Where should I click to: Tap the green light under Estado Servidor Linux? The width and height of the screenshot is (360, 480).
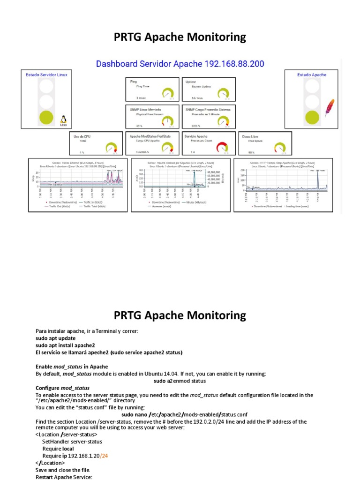pyautogui.click(x=46, y=117)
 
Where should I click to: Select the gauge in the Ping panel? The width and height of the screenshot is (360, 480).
pyautogui.click(x=167, y=93)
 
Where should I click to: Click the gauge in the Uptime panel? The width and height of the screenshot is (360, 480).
pyautogui.click(x=224, y=93)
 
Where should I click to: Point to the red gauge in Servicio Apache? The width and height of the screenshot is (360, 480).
pyautogui.click(x=223, y=147)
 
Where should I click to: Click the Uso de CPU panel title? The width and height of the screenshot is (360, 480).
pyautogui.click(x=82, y=136)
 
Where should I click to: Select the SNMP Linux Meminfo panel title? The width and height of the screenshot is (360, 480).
pyautogui.click(x=145, y=109)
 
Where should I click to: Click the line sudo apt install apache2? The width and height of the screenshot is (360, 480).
pyautogui.click(x=62, y=345)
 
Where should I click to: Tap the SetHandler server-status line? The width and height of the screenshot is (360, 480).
pyautogui.click(x=72, y=442)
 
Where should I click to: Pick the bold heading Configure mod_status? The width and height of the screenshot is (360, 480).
pyautogui.click(x=62, y=388)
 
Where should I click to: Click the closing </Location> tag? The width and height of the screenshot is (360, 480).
pyautogui.click(x=50, y=463)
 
